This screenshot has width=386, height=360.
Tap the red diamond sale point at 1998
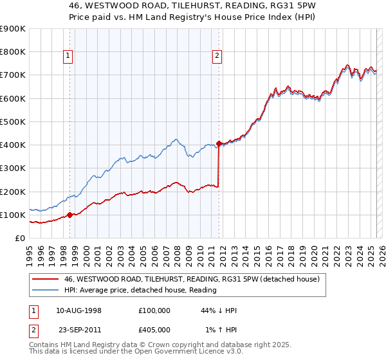69,215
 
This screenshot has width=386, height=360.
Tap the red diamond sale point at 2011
219,143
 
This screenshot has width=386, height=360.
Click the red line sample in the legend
45,278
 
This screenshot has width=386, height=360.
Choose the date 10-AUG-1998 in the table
79,310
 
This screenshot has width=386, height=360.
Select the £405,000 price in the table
154,328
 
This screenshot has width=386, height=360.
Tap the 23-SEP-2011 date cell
79,328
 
